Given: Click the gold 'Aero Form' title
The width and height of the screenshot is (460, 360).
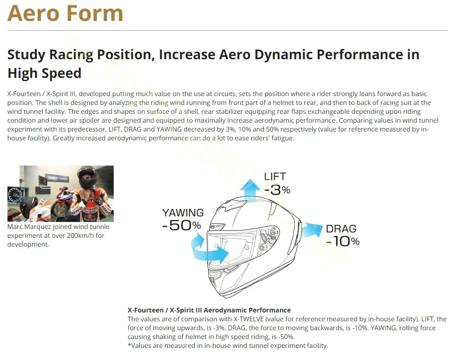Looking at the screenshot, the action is (65, 13).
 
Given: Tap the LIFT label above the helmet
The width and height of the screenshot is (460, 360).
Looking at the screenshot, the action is (275, 176).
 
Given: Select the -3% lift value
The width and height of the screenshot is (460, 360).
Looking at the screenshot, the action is (277, 190).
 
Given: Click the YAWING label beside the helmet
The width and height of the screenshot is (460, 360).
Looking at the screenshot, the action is (183, 213).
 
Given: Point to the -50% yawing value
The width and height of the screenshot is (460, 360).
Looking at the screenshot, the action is (182, 225).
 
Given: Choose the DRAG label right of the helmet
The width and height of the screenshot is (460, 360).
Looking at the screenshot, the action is (341, 228).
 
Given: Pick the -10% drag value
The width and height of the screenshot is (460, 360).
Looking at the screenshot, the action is (343, 242).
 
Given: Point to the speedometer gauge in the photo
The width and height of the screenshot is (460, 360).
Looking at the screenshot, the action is (14, 195).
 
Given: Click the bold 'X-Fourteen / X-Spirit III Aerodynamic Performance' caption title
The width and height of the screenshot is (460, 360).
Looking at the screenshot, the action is (209, 310).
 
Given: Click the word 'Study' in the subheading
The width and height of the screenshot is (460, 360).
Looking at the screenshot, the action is (27, 55).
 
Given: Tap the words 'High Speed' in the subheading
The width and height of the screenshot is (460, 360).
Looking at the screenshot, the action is (44, 73).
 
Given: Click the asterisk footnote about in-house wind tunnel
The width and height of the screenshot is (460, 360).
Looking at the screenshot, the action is (228, 346).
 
